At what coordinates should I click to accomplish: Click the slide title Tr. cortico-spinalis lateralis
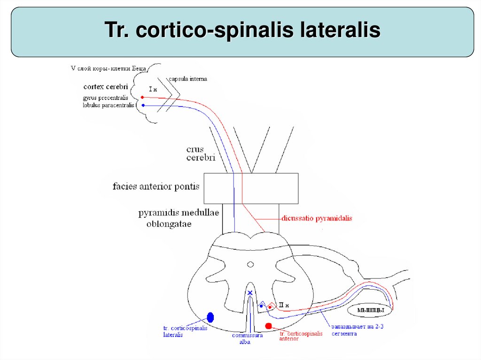click(242, 31)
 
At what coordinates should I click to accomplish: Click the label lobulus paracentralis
click(108, 105)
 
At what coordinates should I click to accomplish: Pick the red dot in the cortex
click(142, 98)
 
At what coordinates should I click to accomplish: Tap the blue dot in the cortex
click(143, 105)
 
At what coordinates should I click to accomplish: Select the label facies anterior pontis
click(156, 186)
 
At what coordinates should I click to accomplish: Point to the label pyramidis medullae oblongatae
click(178, 218)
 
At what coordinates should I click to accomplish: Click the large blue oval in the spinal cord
click(210, 317)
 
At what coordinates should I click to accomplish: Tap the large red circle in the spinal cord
click(268, 326)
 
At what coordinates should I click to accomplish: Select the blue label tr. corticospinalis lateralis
click(185, 331)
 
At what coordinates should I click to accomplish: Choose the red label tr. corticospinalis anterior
click(301, 336)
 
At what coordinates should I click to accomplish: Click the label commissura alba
click(247, 338)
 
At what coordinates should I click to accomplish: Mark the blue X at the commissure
click(250, 293)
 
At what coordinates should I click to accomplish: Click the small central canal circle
click(250, 265)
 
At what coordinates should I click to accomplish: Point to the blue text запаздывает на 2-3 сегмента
click(350, 330)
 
